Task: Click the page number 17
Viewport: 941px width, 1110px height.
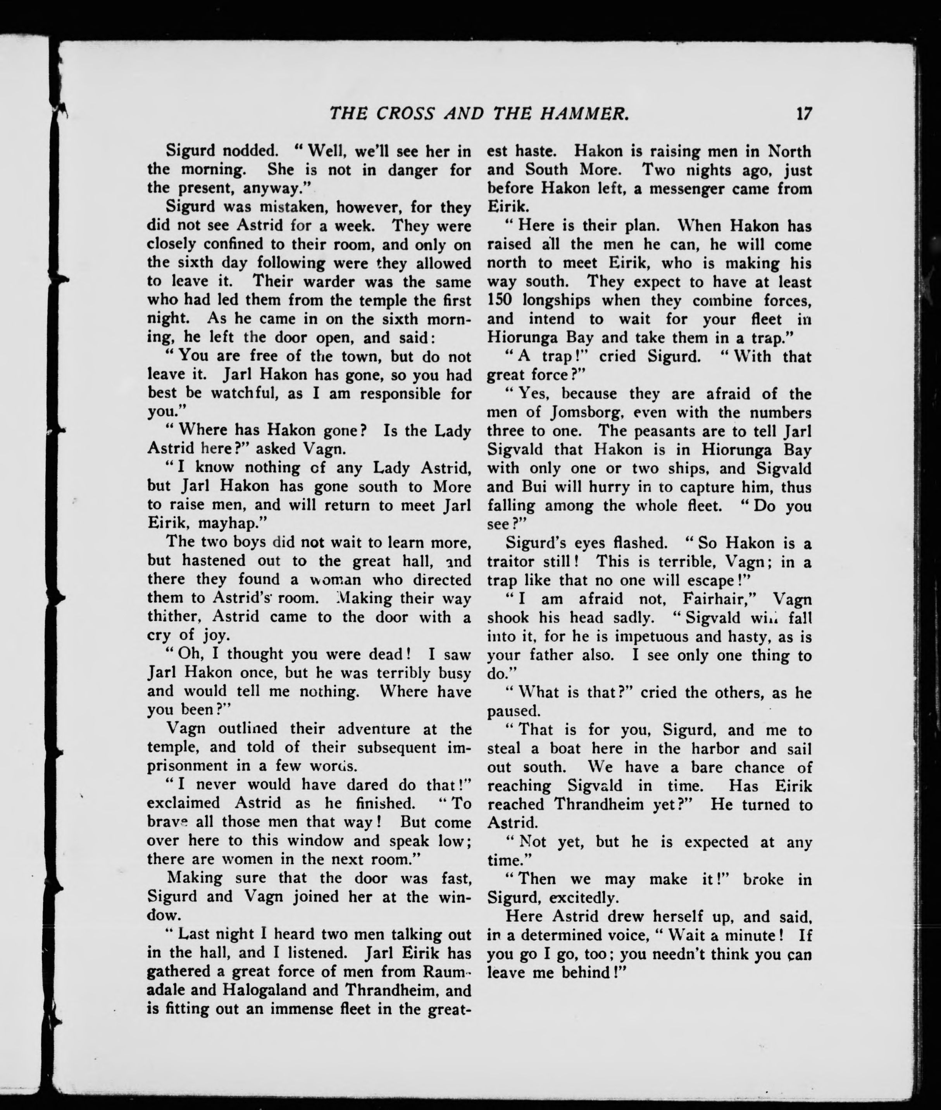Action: (803, 129)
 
